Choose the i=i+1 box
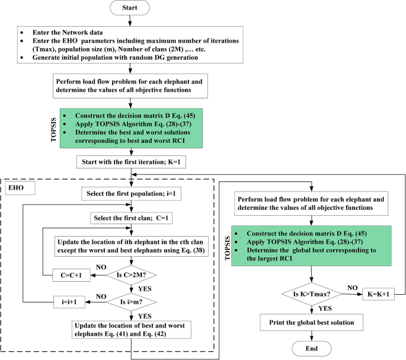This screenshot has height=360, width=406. pyautogui.click(x=67, y=301)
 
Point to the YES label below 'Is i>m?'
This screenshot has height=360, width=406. pyautogui.click(x=145, y=316)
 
